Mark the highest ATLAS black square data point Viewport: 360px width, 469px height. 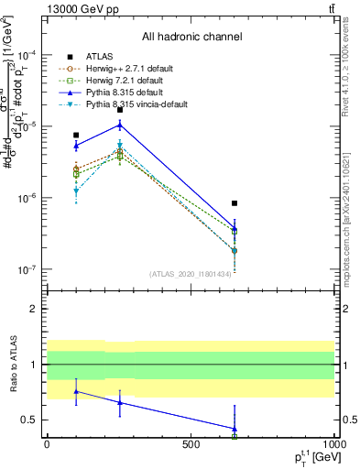pos(120,109)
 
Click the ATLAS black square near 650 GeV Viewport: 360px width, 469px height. pos(235,203)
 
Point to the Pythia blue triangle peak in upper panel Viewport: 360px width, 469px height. pos(120,125)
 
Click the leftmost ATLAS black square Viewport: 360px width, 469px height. pos(76,135)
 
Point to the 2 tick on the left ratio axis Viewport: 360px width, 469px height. pos(33,309)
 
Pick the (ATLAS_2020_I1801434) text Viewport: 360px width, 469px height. pos(189,274)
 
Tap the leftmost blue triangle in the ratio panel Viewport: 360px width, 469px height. pos(76,391)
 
